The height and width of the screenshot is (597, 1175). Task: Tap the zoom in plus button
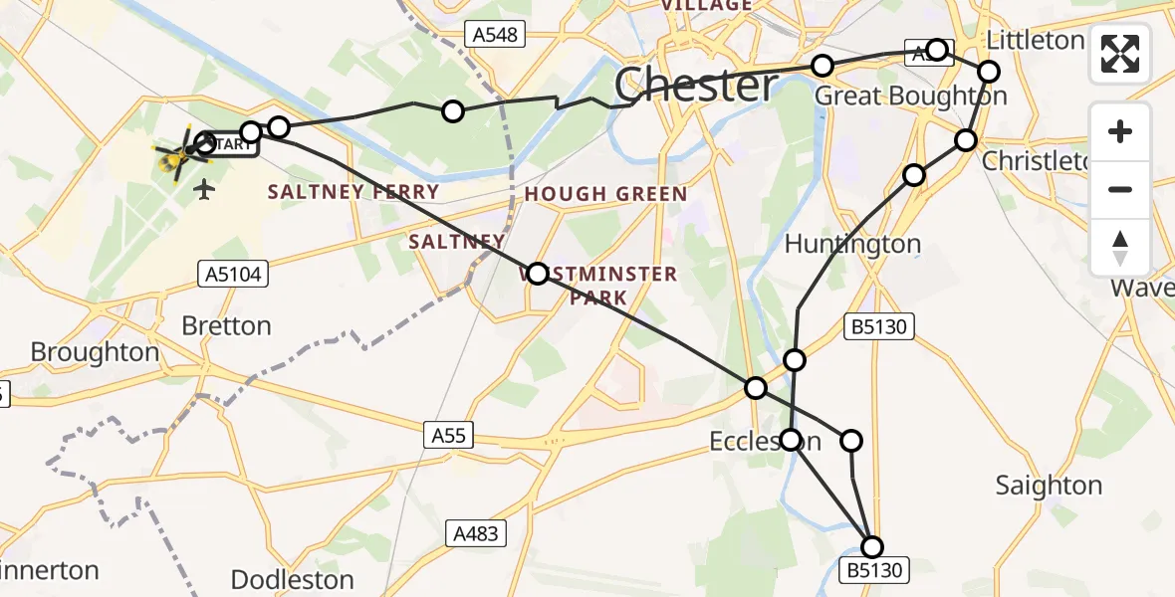1120,131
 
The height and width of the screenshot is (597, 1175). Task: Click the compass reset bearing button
1120,247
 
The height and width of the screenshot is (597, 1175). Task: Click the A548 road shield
494,36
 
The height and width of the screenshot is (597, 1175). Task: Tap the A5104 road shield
235,274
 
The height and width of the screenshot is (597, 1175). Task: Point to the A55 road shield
448,435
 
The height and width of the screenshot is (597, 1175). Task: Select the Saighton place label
1049,486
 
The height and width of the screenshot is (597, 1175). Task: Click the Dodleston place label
292,579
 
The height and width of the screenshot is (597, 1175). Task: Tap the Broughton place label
95,352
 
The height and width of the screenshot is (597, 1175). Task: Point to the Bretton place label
226,326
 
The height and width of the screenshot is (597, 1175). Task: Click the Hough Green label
605,194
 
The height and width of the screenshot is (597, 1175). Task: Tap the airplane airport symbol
205,188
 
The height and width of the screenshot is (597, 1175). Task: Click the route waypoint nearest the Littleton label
988,72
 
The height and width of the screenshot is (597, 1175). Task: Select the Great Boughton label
910,97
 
